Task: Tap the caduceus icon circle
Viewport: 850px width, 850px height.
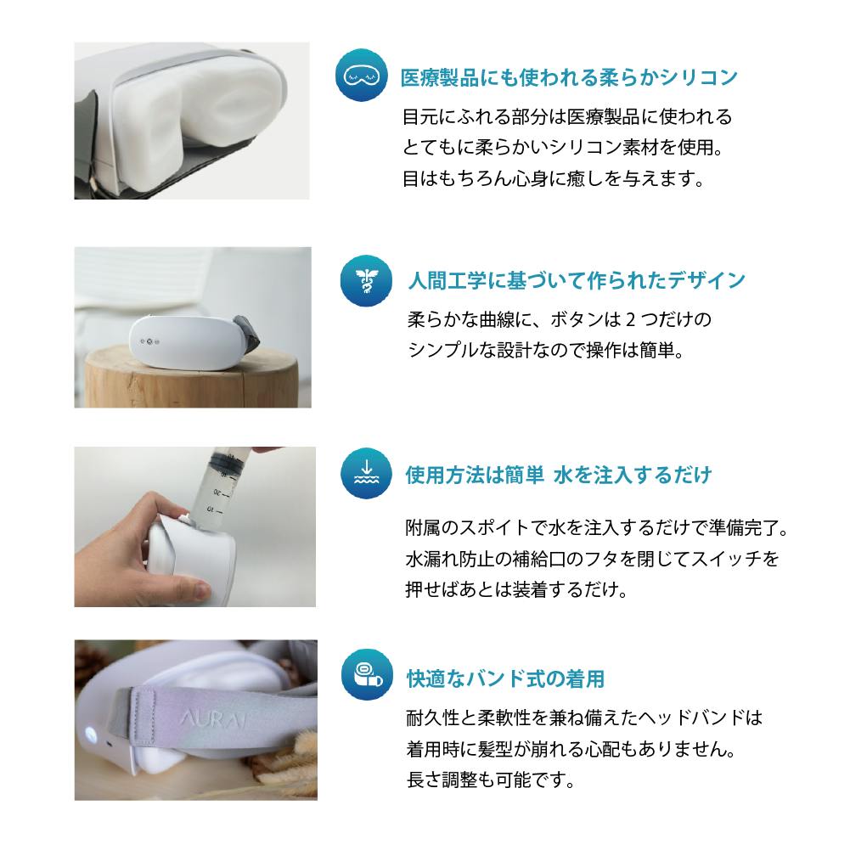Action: tap(367, 280)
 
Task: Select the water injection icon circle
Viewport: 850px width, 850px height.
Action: tap(367, 473)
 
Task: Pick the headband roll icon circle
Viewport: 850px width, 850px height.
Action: tap(367, 675)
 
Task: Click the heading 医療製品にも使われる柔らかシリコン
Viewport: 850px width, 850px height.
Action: tap(569, 77)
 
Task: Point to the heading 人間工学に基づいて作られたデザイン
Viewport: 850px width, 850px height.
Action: tap(577, 281)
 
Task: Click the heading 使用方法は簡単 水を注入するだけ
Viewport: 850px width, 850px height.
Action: tap(559, 475)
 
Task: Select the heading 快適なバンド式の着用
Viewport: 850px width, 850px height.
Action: tap(506, 678)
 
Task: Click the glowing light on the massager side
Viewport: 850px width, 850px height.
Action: tap(89, 735)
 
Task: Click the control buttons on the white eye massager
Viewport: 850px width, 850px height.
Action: tap(149, 341)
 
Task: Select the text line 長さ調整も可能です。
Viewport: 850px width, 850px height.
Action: tap(491, 780)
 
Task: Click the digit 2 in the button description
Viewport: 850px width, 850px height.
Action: tap(630, 320)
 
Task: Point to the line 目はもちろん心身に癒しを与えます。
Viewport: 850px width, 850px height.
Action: tap(553, 177)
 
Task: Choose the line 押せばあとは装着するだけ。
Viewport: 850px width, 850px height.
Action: tap(516, 589)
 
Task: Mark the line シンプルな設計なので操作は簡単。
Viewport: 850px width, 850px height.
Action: tap(546, 350)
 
